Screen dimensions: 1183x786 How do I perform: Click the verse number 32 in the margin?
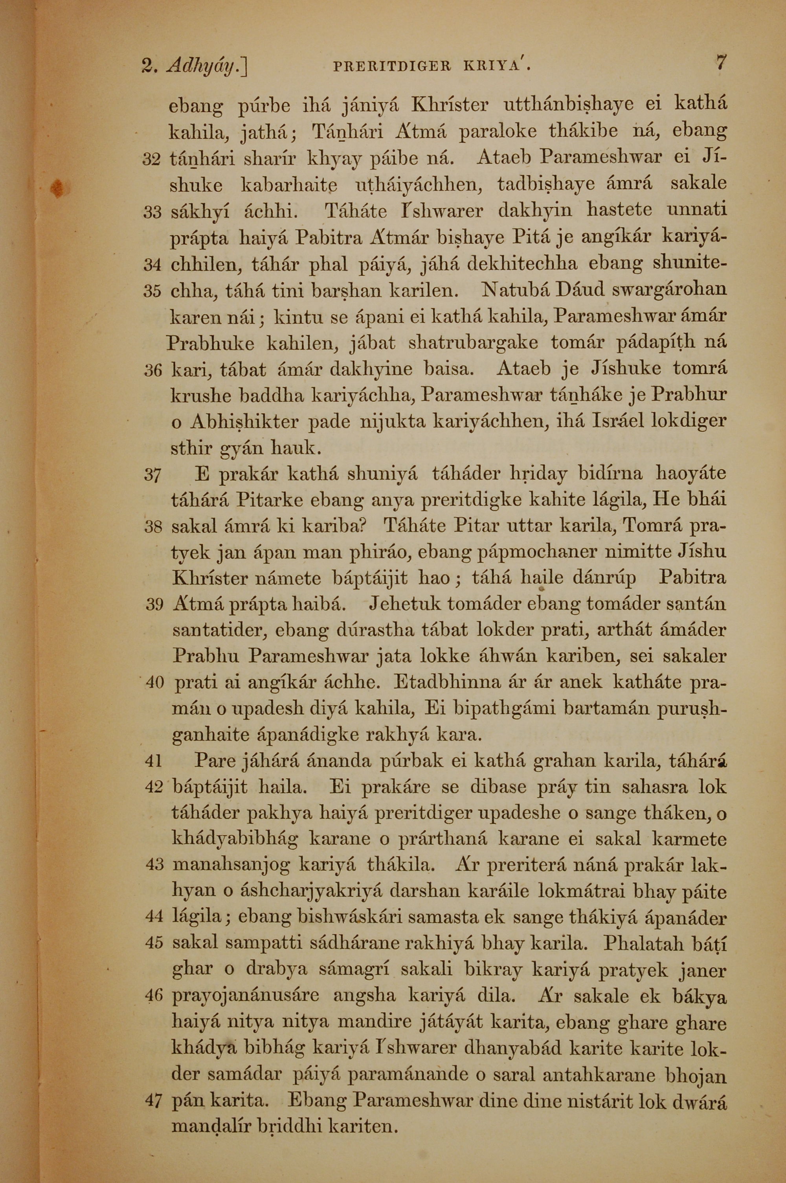click(152, 160)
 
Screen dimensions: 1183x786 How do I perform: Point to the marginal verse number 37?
click(152, 474)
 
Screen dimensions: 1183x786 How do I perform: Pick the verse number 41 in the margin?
click(152, 762)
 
